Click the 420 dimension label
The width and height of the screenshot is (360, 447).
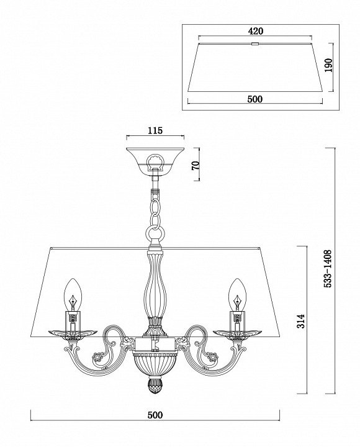click(255, 31)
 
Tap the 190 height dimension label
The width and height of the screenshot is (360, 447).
click(328, 66)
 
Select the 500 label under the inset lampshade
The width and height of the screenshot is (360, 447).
click(255, 99)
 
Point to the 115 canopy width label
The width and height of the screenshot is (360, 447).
click(155, 130)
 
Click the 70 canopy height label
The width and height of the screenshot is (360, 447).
click(196, 165)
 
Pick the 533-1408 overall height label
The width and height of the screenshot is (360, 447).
click(328, 269)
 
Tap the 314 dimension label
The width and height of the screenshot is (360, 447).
click(300, 322)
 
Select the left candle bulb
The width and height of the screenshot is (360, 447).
click(73, 294)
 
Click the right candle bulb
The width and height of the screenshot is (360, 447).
click(237, 294)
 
